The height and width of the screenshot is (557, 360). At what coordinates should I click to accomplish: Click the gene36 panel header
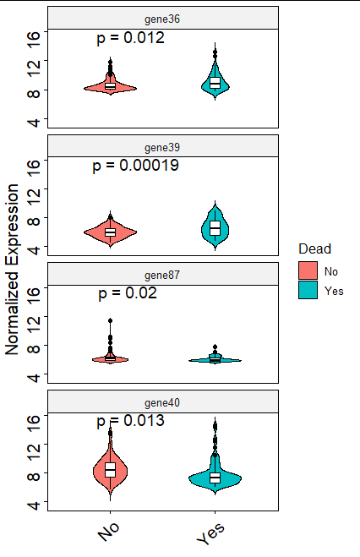pyautogui.click(x=162, y=18)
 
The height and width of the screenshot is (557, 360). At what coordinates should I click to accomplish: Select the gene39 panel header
pyautogui.click(x=162, y=147)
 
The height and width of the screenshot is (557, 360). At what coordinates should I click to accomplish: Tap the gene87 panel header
pyautogui.click(x=162, y=275)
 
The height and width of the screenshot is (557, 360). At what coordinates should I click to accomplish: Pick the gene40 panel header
pyautogui.click(x=162, y=402)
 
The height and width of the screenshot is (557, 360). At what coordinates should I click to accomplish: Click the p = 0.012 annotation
pyautogui.click(x=130, y=38)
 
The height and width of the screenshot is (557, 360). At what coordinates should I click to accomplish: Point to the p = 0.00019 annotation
pyautogui.click(x=135, y=166)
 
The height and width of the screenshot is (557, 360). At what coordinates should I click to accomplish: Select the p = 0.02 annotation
pyautogui.click(x=128, y=293)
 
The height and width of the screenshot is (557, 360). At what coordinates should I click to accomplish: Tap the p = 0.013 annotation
pyautogui.click(x=130, y=420)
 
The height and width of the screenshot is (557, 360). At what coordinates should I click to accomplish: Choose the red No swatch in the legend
pyautogui.click(x=308, y=270)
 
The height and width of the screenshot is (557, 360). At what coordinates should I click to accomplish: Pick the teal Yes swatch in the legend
pyautogui.click(x=308, y=290)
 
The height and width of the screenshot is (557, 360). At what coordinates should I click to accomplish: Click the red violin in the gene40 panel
pyautogui.click(x=110, y=470)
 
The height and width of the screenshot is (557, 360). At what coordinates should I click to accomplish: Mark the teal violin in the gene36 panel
pyautogui.click(x=215, y=82)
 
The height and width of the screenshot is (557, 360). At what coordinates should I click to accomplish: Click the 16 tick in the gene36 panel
pyautogui.click(x=34, y=35)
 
